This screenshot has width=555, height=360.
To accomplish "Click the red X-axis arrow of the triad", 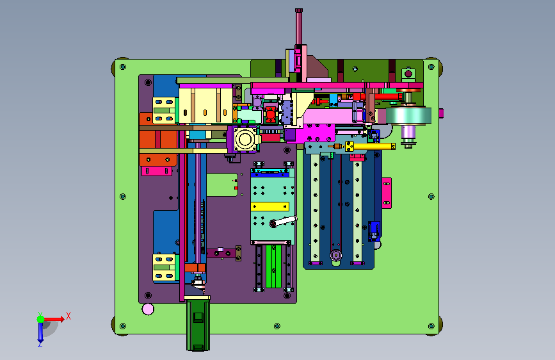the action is (53, 319).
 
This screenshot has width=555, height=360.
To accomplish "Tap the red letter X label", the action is (68, 316).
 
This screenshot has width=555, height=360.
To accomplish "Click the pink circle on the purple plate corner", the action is (148, 309).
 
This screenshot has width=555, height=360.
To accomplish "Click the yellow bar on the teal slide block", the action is (270, 206).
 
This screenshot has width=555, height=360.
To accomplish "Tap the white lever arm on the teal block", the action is (284, 221).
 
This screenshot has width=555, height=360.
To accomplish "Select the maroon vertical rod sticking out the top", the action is (299, 27).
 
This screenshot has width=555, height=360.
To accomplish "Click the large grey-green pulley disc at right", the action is (408, 115).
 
